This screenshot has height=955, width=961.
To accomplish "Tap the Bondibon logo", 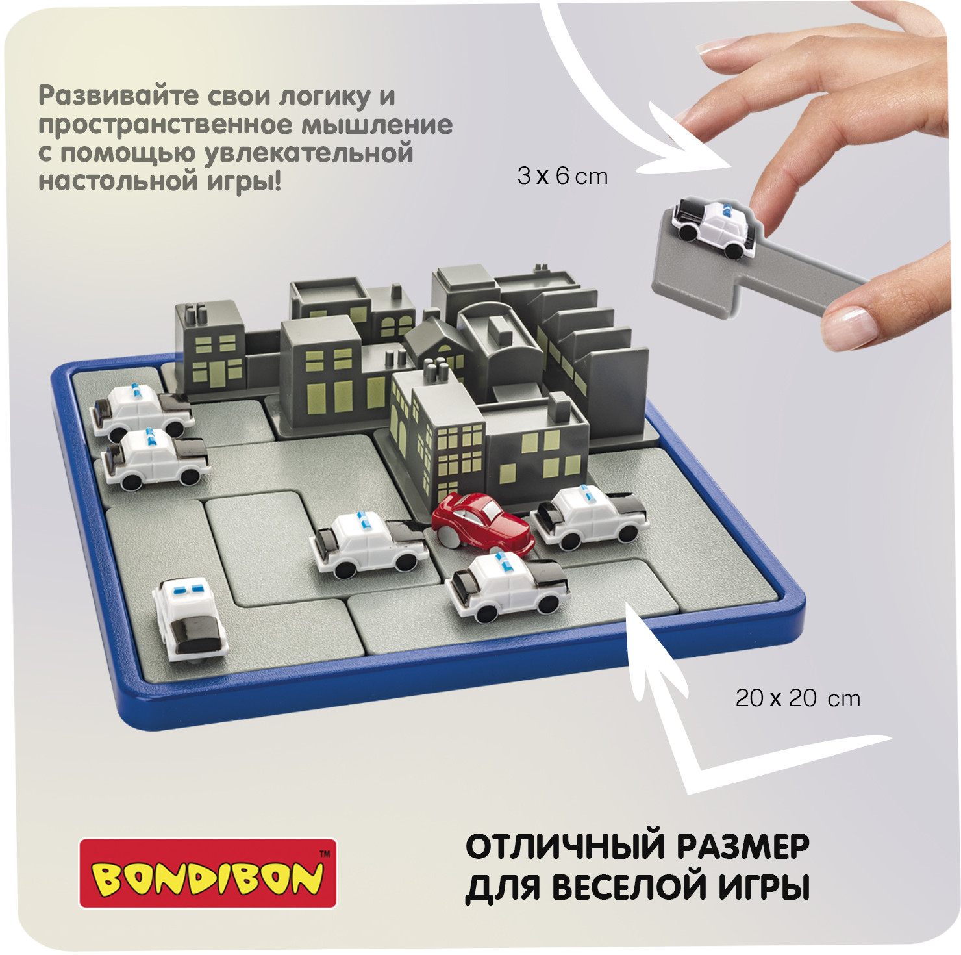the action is coord(208,873).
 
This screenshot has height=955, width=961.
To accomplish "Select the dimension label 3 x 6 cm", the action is coord(562,175).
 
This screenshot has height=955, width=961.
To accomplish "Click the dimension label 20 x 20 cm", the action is coord(798,698).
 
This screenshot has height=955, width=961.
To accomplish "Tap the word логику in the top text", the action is coord(324,96).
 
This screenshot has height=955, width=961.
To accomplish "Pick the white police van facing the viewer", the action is coord(188,618).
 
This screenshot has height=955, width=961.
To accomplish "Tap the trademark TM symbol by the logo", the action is coord(325,854).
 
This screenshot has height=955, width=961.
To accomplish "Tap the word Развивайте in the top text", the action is coord(118,96).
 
